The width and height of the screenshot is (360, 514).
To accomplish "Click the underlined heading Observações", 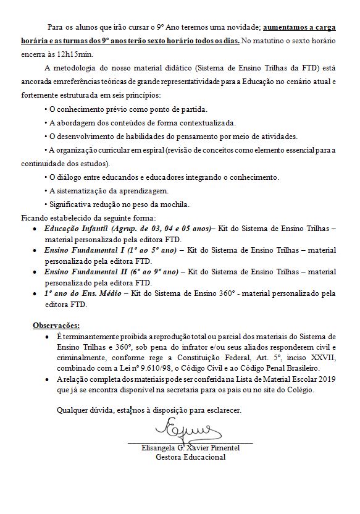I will [x=57, y=325].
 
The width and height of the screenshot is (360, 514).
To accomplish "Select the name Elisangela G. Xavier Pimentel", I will [x=190, y=448].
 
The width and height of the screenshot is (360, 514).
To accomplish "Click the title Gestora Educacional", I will [x=190, y=457].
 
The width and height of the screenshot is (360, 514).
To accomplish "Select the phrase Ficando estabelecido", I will [x=57, y=217].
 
